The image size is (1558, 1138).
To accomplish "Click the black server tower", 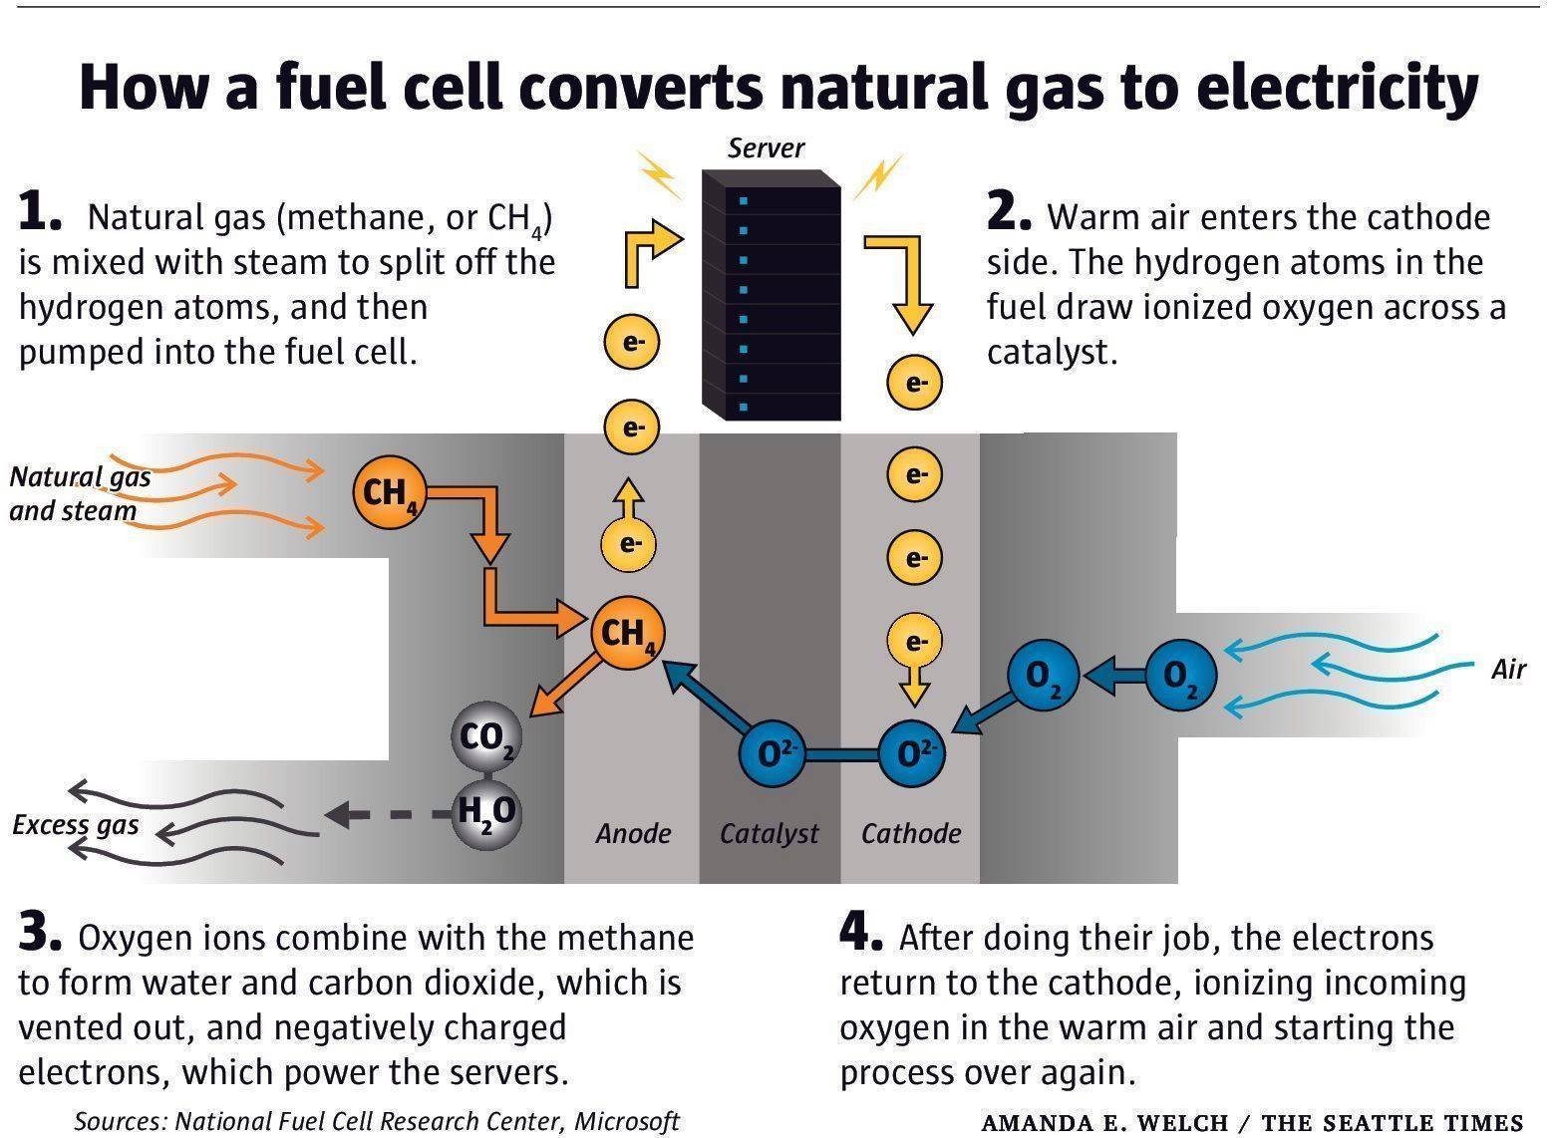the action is [771, 295].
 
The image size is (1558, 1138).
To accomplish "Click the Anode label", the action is [633, 833].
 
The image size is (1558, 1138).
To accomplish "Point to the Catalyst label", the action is [770, 834].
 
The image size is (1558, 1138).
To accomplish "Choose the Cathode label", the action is [911, 833].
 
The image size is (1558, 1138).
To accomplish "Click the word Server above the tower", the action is [766, 148].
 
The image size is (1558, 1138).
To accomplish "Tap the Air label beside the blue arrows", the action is [1508, 670].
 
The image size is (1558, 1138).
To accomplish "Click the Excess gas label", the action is [76, 826].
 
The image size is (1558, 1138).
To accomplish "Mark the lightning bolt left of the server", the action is [659, 175].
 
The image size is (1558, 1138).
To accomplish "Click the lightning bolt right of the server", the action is [878, 176].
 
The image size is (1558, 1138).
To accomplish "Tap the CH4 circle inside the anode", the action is [627, 634].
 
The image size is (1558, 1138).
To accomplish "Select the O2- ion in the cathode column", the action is [912, 753].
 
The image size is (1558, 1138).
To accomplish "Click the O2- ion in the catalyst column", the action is [773, 753].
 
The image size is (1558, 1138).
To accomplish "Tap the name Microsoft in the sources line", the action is [627, 1121].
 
